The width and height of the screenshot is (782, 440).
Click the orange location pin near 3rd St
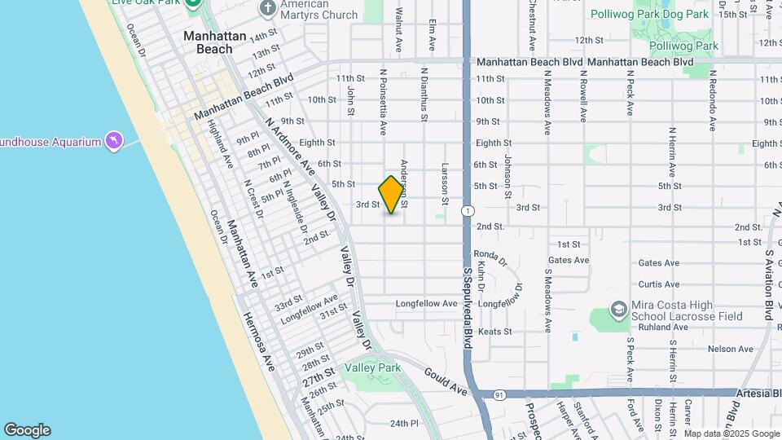392,194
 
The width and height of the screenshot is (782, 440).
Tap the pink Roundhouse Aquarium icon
113,142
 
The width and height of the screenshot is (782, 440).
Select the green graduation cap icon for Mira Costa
619,311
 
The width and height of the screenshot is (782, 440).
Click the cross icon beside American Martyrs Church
268,9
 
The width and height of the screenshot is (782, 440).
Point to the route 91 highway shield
499,394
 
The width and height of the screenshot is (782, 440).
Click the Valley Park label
372,368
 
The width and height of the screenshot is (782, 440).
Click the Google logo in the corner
27,430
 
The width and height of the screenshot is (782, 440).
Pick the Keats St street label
494,332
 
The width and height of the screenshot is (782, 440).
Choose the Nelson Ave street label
731,349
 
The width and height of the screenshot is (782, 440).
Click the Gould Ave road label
445,381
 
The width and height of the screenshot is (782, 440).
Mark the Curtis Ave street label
659,284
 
